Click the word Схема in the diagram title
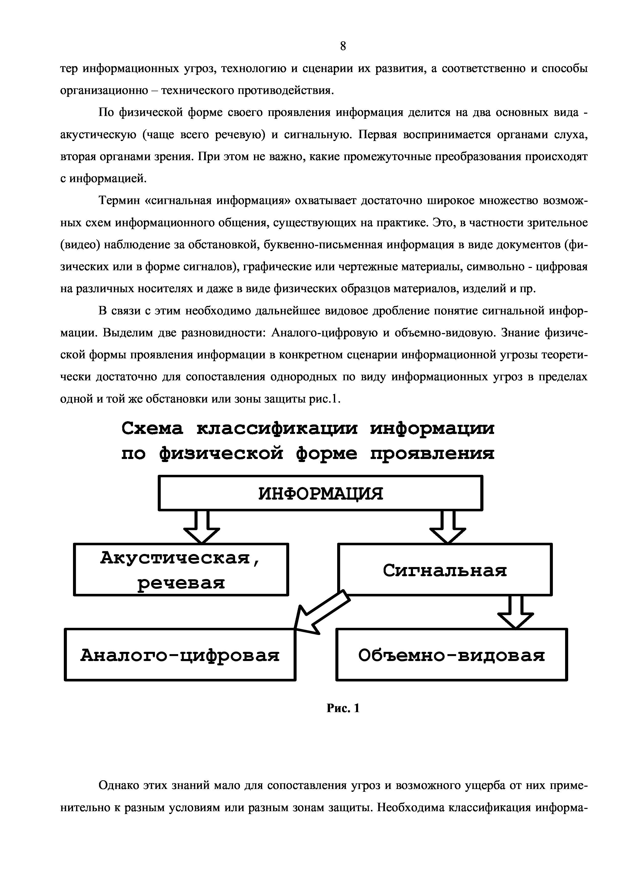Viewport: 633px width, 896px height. [x=152, y=429]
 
